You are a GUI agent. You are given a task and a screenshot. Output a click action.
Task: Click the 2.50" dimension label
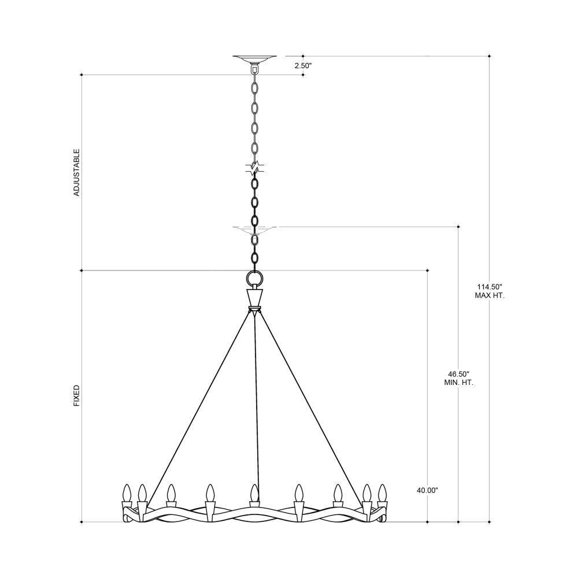click(303, 66)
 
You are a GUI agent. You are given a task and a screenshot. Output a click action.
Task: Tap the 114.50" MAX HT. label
click(490, 291)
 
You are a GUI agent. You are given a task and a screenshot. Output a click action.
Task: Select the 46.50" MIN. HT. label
click(458, 379)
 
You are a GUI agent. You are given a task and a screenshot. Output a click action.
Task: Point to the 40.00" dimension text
click(427, 490)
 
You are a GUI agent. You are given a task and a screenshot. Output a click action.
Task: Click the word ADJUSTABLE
click(77, 172)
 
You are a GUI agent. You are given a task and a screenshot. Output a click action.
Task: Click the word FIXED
click(77, 396)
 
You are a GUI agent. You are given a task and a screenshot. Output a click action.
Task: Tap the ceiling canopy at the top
click(254, 60)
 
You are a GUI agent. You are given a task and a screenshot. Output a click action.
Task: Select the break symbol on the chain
click(254, 168)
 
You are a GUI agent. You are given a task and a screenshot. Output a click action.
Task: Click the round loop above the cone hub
click(254, 277)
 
